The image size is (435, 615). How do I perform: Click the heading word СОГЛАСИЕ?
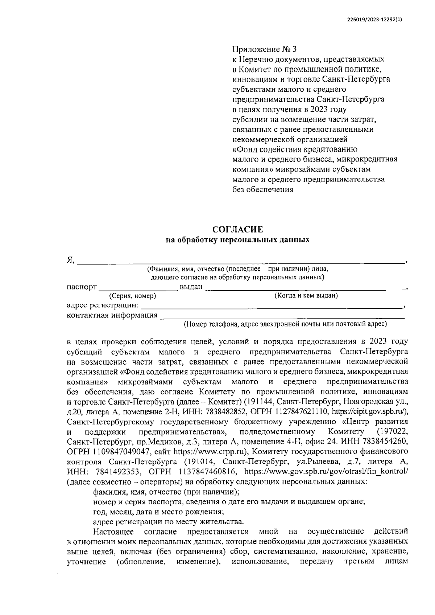click(x=237, y=229)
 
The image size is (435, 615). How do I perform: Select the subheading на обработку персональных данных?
click(x=237, y=240)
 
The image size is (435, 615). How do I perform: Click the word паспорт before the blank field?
click(x=82, y=287)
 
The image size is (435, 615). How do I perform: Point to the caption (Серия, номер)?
click(x=133, y=296)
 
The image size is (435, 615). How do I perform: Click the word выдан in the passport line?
click(x=191, y=287)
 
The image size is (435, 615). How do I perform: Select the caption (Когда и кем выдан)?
click(x=306, y=296)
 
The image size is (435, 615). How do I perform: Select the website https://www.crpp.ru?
click(x=210, y=452)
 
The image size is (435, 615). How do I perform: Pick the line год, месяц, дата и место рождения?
click(x=158, y=512)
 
